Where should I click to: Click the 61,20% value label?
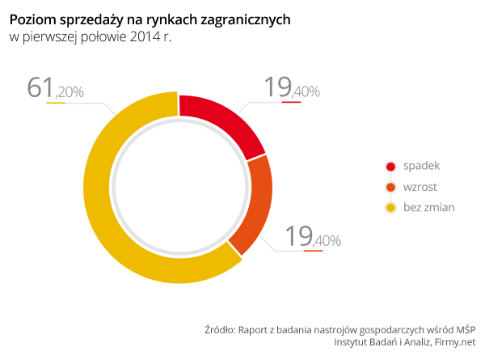pos(55,89)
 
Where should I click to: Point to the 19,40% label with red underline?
pos(292,88)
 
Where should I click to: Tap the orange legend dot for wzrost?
pos(390,188)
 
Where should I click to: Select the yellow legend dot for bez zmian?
pos(390,208)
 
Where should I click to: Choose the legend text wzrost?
pos(420,188)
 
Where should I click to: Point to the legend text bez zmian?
pos(428,208)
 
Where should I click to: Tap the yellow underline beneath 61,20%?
pos(56,103)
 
